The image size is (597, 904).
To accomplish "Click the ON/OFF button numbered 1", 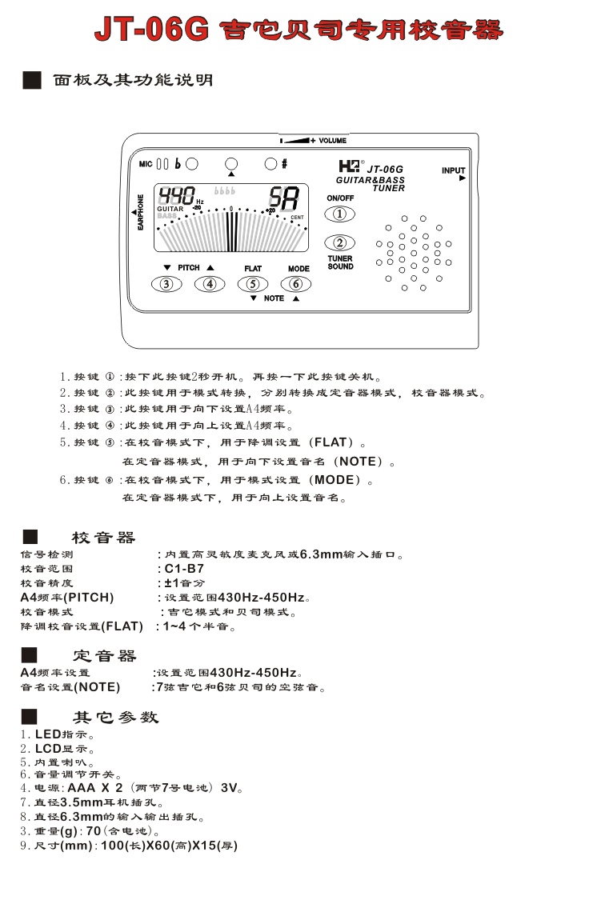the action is [340, 214].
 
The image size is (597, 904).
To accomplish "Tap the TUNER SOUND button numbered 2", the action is [340, 242].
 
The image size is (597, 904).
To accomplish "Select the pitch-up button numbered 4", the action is [210, 284].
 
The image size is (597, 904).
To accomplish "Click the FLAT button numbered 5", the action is [253, 284].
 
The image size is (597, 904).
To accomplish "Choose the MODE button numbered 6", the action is [296, 284].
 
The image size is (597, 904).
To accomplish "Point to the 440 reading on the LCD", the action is [177, 195].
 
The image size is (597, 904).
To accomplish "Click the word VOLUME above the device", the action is [333, 141].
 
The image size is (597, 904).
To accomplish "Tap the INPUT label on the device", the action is [454, 170].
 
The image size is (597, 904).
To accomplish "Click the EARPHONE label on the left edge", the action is [140, 212].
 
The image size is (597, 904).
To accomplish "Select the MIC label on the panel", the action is [146, 164].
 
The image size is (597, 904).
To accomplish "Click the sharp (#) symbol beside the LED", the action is [284, 164].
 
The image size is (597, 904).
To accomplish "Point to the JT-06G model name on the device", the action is [385, 170].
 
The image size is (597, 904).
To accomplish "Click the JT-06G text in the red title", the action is [152, 30].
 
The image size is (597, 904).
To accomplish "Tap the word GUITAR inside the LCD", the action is [170, 210].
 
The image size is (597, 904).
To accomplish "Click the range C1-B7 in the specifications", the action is [184, 569].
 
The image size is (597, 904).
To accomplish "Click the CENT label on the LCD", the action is [297, 218].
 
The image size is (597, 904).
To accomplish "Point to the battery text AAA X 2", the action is [95, 787].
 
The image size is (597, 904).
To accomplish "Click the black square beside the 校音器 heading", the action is [30, 537].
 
